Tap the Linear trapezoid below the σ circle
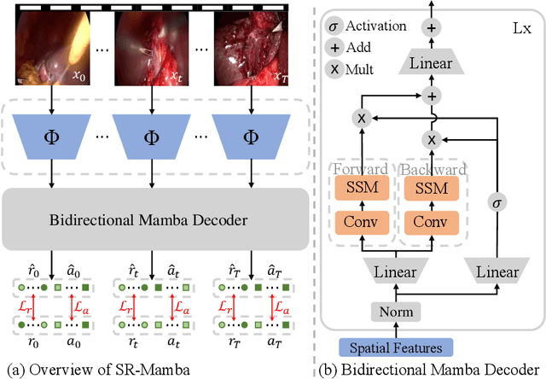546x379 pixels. [497, 271]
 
